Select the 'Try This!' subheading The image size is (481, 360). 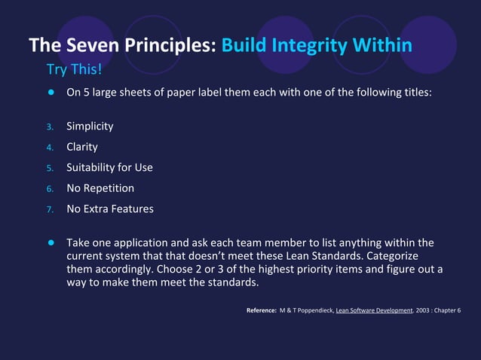(x=74, y=70)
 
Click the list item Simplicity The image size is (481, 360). (x=90, y=126)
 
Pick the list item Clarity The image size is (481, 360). (x=82, y=147)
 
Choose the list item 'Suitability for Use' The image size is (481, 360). (x=109, y=167)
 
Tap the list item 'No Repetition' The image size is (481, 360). (x=100, y=188)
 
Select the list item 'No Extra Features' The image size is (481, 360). (x=110, y=209)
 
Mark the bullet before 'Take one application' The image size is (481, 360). (x=52, y=243)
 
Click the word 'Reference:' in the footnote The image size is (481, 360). (x=262, y=310)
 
